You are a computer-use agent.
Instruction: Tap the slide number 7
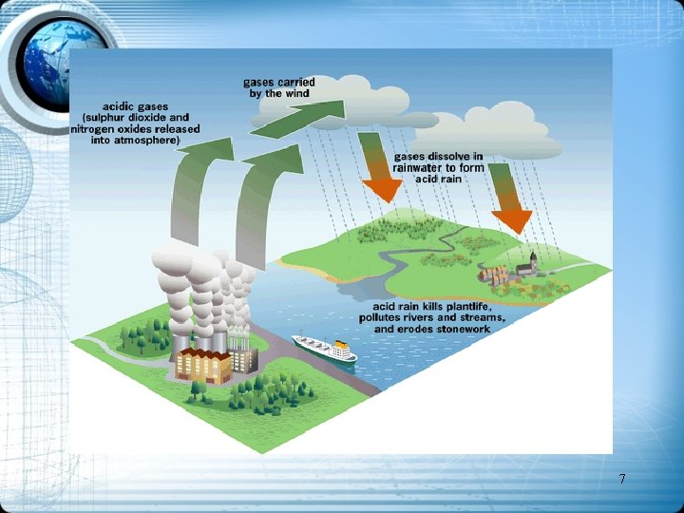(x=621, y=479)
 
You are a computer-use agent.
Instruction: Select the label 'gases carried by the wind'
(x=279, y=87)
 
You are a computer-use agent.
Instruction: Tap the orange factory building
(x=201, y=364)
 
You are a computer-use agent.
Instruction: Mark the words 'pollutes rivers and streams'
(x=431, y=317)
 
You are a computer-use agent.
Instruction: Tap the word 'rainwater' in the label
(x=424, y=168)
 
